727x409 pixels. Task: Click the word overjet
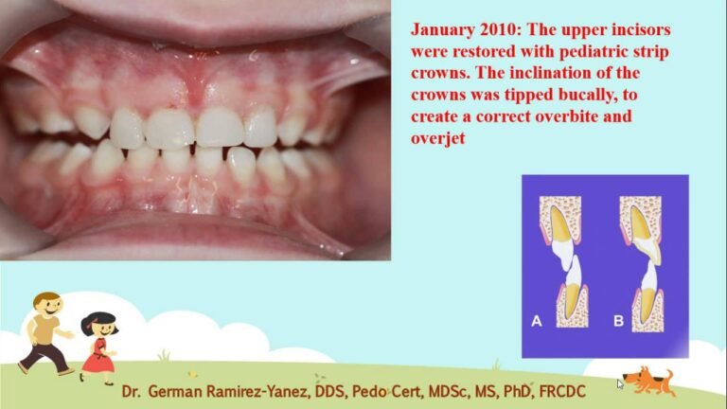[x=437, y=138]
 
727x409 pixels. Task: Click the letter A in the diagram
[x=537, y=320]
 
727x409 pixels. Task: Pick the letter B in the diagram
[x=618, y=320]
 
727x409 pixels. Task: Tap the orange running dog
[x=649, y=382]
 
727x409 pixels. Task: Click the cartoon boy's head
[x=47, y=304]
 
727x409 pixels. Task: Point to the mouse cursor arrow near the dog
[x=620, y=383]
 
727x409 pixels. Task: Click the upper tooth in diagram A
[x=560, y=233]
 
